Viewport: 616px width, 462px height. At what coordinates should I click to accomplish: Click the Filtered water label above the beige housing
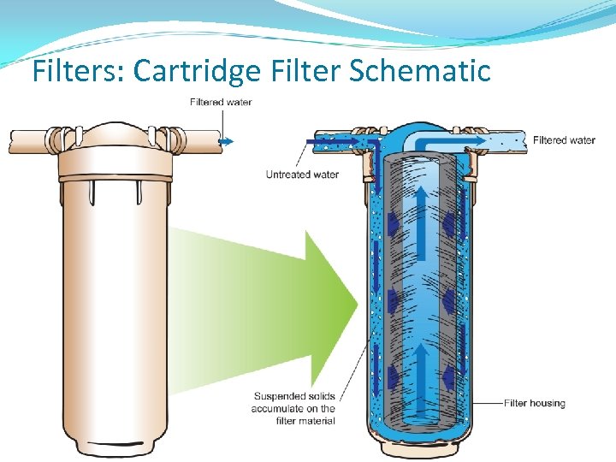click(221, 103)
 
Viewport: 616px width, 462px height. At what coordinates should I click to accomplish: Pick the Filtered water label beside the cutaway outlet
click(564, 140)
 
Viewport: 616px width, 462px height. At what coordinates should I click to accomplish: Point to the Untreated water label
click(302, 175)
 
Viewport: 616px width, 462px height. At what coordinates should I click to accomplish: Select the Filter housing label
click(535, 403)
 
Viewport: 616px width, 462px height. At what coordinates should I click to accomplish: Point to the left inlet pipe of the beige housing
click(30, 139)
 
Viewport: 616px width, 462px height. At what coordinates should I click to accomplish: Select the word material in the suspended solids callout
click(316, 420)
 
